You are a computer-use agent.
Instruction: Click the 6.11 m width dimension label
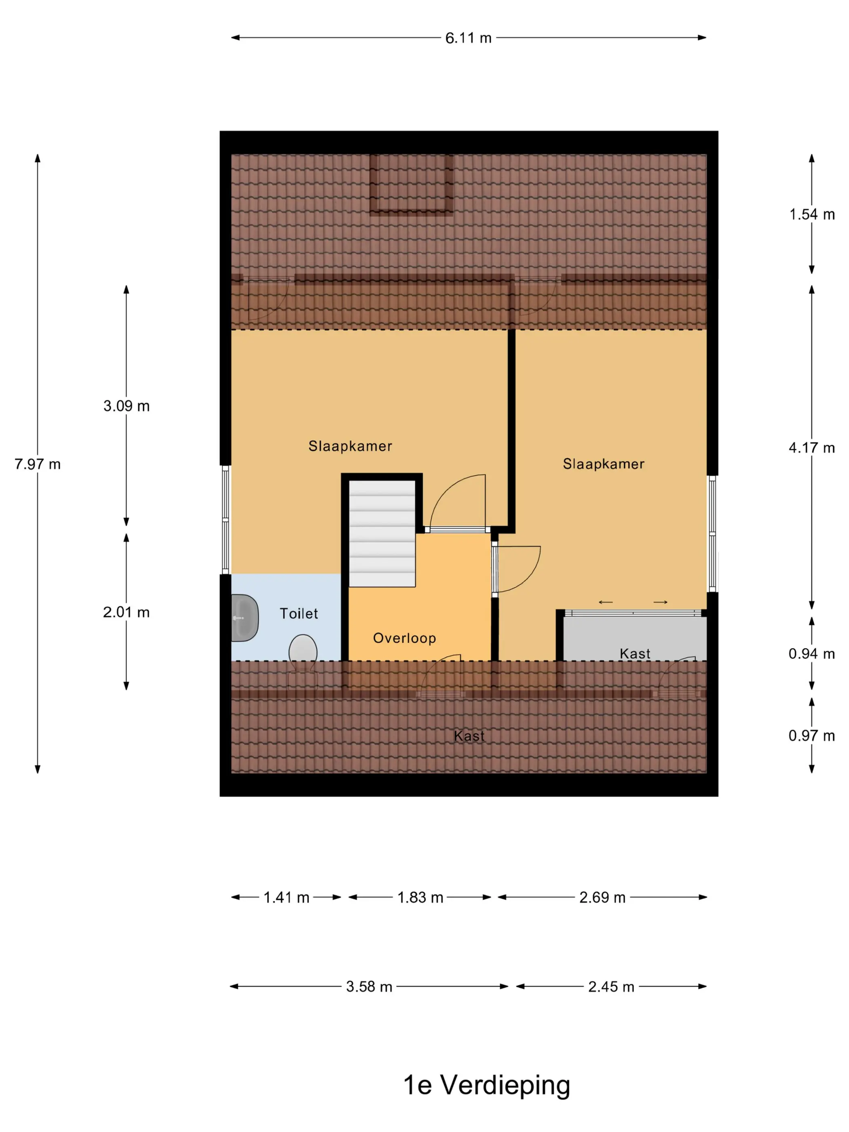tap(468, 38)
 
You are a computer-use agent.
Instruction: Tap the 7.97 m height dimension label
tap(37, 464)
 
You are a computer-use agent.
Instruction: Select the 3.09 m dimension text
tap(127, 406)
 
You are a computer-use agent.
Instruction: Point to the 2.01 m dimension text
tap(127, 612)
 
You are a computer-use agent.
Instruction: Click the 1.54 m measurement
tap(812, 214)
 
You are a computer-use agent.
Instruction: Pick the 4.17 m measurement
tap(812, 448)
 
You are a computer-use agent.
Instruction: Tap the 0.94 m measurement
tap(812, 653)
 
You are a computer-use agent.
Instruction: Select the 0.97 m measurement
tap(812, 735)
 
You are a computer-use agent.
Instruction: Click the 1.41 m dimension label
tap(286, 897)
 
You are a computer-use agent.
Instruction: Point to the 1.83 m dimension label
tap(420, 897)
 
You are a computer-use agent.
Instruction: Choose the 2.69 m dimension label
tap(602, 897)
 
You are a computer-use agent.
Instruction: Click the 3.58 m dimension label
tap(369, 986)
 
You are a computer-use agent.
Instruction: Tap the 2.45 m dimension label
tap(611, 986)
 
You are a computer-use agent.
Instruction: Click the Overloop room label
tap(404, 638)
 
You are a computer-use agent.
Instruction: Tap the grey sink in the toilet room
tap(245, 618)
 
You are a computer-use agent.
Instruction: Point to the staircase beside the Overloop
tap(382, 533)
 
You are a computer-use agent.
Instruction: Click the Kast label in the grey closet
tap(635, 653)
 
